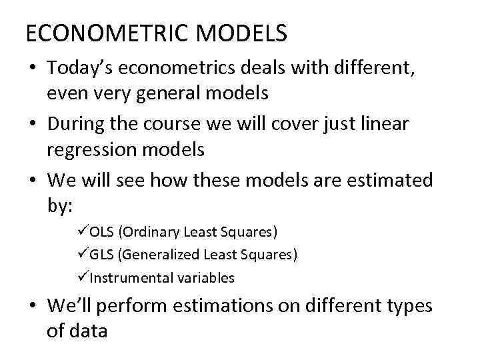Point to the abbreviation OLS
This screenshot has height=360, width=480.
pos(101,232)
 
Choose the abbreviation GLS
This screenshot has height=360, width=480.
pos(101,255)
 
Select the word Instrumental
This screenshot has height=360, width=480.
pos(129,278)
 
